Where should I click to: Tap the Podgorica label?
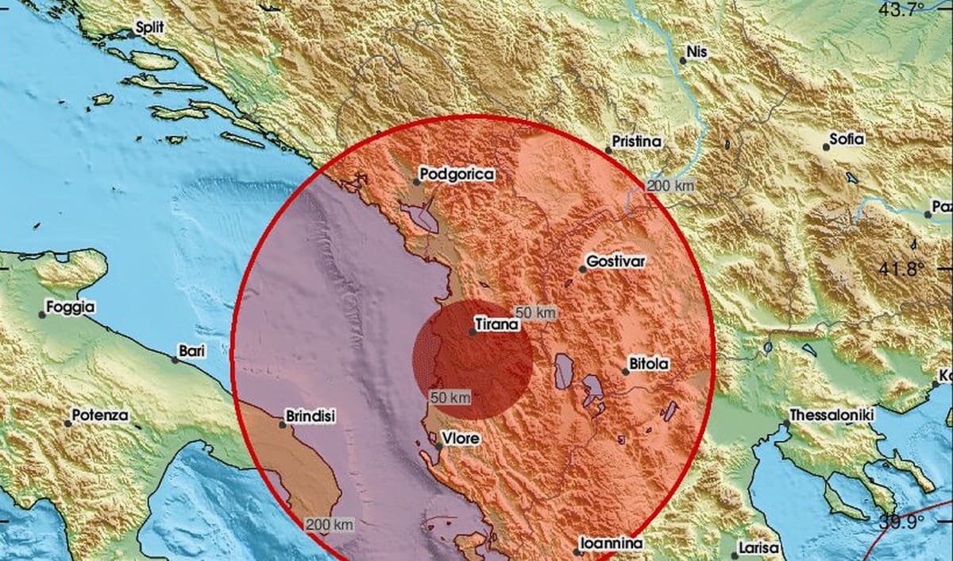[457, 173]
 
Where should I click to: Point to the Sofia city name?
[847, 139]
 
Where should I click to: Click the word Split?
[149, 27]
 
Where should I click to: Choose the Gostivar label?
[613, 261]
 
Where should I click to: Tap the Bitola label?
[649, 363]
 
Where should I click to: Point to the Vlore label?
[461, 437]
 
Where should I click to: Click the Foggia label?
[70, 306]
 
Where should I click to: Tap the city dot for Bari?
[175, 359]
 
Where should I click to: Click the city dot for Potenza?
[68, 424]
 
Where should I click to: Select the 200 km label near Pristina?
[669, 186]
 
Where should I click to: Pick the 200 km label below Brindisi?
[330, 524]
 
